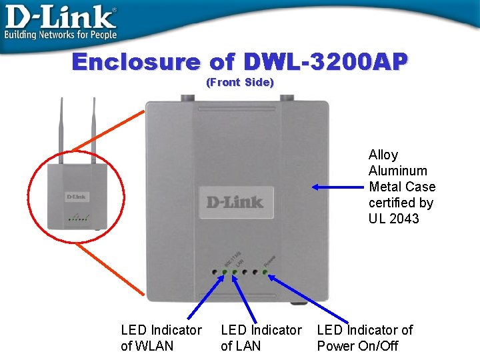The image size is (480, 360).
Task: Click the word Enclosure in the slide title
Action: tap(136, 62)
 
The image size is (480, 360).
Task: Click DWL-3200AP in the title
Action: tap(325, 62)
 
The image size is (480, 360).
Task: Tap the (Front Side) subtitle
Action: tap(240, 82)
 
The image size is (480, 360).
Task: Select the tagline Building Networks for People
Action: tap(61, 34)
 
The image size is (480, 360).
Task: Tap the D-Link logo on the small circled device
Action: tap(76, 197)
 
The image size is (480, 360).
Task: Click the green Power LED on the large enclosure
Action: tap(265, 272)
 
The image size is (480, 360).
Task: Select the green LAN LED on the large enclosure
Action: tap(235, 272)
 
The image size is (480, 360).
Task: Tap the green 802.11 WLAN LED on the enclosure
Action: tap(225, 272)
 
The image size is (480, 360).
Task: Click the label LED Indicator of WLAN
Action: tap(161, 337)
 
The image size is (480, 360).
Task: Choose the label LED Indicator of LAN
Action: tap(261, 337)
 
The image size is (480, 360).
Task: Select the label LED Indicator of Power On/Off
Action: tap(365, 337)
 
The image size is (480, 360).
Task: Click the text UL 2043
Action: tap(394, 219)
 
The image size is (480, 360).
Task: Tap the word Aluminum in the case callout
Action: tap(398, 171)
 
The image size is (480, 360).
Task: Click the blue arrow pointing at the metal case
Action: tap(338, 187)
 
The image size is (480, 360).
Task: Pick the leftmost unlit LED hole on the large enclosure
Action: tap(215, 272)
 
